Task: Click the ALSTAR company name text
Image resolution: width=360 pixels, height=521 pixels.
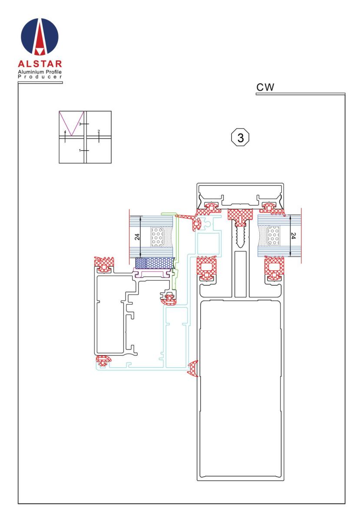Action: click(x=40, y=63)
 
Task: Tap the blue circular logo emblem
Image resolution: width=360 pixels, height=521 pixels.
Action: click(x=40, y=36)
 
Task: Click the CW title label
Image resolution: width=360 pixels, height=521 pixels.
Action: click(x=265, y=87)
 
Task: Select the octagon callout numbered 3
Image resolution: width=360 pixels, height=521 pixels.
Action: click(x=240, y=138)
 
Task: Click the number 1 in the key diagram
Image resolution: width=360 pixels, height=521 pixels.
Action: click(x=79, y=151)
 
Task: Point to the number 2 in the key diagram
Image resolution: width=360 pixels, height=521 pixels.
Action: click(x=99, y=131)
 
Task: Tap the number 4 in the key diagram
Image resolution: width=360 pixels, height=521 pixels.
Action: click(x=65, y=132)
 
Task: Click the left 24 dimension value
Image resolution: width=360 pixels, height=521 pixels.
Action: click(x=137, y=237)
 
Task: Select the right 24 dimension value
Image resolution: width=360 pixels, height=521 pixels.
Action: click(x=293, y=236)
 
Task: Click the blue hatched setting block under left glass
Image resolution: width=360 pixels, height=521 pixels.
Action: click(x=155, y=263)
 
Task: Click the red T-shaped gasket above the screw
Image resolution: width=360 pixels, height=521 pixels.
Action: click(x=240, y=216)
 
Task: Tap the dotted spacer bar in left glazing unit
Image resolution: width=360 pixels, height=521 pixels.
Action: click(x=158, y=237)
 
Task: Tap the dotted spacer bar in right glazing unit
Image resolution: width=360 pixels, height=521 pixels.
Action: click(x=273, y=236)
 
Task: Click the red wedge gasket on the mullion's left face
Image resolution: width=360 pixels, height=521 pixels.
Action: click(x=193, y=369)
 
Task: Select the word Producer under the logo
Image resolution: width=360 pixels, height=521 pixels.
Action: click(x=40, y=77)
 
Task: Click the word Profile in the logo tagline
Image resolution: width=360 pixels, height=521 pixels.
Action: click(x=53, y=72)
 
